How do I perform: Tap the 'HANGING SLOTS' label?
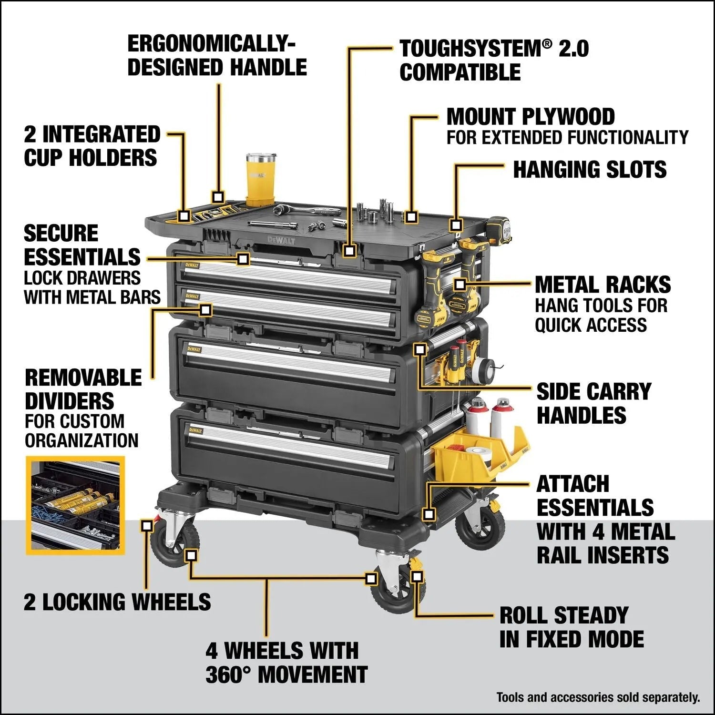point(589,170)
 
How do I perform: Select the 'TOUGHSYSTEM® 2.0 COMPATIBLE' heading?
point(494,61)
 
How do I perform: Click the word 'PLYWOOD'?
point(568,117)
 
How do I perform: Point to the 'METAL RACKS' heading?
point(603,285)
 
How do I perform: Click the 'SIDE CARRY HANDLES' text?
point(593,403)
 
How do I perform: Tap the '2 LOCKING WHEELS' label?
point(117,602)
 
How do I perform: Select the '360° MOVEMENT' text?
point(286,675)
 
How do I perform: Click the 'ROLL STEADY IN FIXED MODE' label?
point(571,627)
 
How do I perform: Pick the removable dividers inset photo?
point(75,505)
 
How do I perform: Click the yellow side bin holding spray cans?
point(481,453)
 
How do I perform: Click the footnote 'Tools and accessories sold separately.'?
point(598,697)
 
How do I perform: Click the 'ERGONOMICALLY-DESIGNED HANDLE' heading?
point(217,56)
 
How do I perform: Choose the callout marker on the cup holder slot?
point(184,215)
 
